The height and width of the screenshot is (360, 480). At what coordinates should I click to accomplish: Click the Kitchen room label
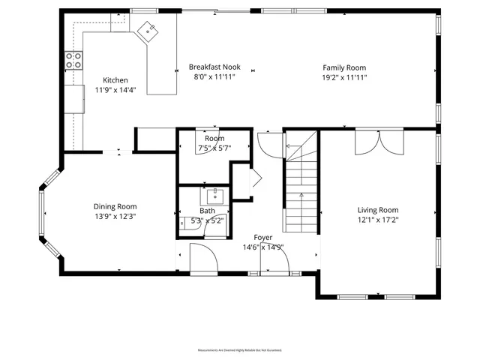[x=115, y=80]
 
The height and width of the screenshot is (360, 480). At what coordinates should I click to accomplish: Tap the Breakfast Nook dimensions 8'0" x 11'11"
[x=215, y=76]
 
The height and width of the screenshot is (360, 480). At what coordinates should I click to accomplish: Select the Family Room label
[x=344, y=67]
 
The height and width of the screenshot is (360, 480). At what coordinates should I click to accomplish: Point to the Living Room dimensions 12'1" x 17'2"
[x=377, y=220]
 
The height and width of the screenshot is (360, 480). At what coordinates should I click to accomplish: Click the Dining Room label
[x=115, y=206]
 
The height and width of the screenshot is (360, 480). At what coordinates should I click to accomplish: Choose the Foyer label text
[x=262, y=237]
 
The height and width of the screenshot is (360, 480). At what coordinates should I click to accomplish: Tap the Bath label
[x=207, y=211]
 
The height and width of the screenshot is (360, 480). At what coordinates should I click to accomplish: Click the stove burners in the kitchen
[x=73, y=61]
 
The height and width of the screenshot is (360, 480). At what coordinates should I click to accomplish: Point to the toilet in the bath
[x=185, y=223]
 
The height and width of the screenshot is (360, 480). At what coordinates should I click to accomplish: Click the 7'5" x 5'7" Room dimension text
[x=214, y=148]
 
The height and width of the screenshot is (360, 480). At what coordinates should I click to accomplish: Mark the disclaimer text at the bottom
[x=239, y=350]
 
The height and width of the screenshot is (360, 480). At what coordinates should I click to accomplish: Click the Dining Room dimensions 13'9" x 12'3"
[x=115, y=217]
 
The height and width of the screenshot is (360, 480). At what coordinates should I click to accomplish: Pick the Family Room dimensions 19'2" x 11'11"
[x=344, y=77]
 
